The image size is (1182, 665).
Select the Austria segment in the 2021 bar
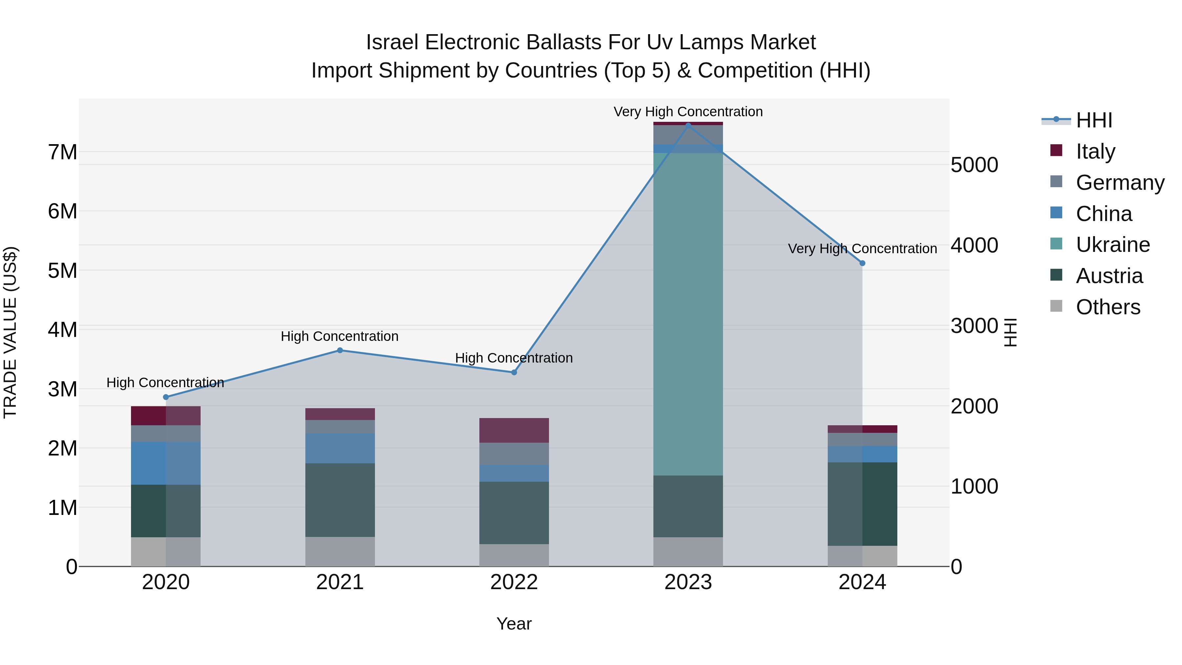pyautogui.click(x=340, y=500)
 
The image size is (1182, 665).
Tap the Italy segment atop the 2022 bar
pyautogui.click(x=514, y=430)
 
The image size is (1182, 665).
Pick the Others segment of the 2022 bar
pyautogui.click(x=514, y=555)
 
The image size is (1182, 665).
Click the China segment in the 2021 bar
pyautogui.click(x=340, y=448)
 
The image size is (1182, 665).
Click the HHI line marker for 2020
pyautogui.click(x=166, y=397)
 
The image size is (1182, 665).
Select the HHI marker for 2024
pyautogui.click(x=862, y=263)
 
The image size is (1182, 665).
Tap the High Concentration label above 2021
pyautogui.click(x=339, y=336)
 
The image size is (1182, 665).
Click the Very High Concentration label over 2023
pyautogui.click(x=688, y=112)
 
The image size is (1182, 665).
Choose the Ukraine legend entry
pyautogui.click(x=1112, y=245)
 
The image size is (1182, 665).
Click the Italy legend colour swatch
pyautogui.click(x=1056, y=150)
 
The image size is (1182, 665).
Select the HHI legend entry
pyautogui.click(x=1094, y=120)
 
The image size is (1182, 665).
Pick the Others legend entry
pyautogui.click(x=1108, y=307)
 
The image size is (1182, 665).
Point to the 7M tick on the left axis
pyautogui.click(x=62, y=152)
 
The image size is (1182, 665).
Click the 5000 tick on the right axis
pyautogui.click(x=974, y=165)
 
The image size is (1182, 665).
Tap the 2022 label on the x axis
pyautogui.click(x=514, y=582)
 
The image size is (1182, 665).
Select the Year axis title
pyautogui.click(x=514, y=624)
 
